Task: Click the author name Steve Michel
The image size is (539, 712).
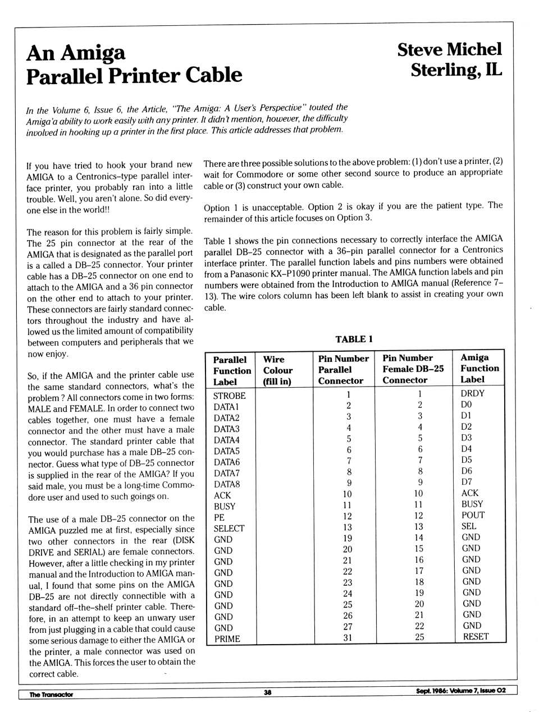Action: coord(449,49)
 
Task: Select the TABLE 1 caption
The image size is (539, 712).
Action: coord(354,339)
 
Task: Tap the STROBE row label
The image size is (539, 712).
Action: coord(229,396)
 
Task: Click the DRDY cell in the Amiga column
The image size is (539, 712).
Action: coord(472,393)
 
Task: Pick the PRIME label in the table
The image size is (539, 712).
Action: coord(227,638)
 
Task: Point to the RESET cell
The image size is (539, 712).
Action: coord(476,636)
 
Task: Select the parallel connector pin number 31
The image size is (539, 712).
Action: coord(348,637)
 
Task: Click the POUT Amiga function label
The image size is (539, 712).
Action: coord(473,515)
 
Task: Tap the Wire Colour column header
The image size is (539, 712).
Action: coord(277,370)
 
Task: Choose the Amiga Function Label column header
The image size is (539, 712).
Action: coord(479,368)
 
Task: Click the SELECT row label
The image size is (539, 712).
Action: coord(229,529)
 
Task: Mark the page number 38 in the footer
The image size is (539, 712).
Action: coord(268,692)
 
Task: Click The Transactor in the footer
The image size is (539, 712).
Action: coord(51,694)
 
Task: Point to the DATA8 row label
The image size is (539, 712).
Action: coord(227,484)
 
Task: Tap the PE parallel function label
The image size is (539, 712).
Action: coord(219,517)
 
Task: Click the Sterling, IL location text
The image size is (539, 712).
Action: coord(456,70)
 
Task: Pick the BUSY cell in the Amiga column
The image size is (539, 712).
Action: coord(472,504)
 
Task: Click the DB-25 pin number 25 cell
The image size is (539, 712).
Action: coord(419,637)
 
